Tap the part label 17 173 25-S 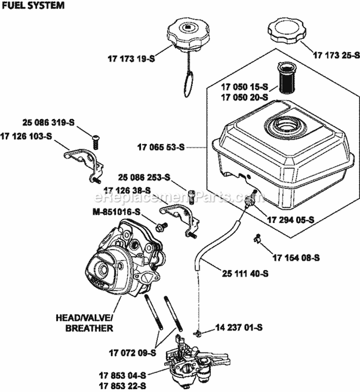(336, 55)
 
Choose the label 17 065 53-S (161, 148)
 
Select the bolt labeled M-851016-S (161, 225)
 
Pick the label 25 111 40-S (245, 273)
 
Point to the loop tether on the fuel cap (190, 80)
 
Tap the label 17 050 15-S (245, 88)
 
